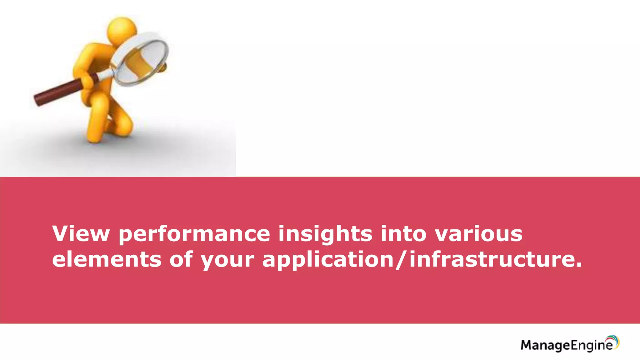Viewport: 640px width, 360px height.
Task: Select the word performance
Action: tap(194, 234)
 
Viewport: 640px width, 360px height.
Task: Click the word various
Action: tap(479, 234)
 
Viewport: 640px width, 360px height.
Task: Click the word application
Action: tap(328, 260)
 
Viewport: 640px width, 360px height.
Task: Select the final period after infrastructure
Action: tap(578, 266)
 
